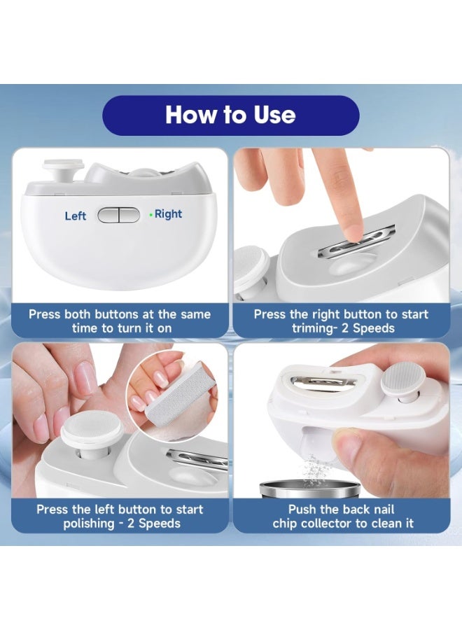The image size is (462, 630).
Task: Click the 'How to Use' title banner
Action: pos(230,115)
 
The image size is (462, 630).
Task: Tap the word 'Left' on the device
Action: pos(76,216)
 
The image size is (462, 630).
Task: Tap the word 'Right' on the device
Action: pos(168,214)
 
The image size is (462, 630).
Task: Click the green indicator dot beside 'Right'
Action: pos(150,215)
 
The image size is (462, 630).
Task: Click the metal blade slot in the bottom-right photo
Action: pos(324,382)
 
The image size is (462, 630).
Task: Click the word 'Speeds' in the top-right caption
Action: pos(373,328)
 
